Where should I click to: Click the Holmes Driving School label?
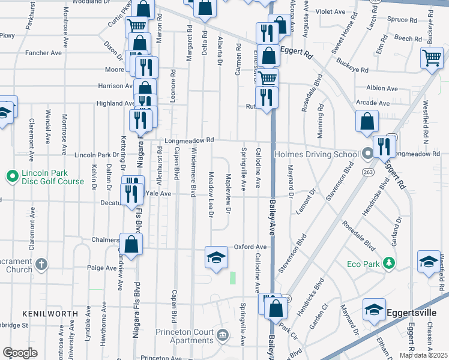pyautogui.click(x=316, y=154)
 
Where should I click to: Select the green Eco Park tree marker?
pyautogui.click(x=389, y=263)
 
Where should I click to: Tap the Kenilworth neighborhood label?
pyautogui.click(x=50, y=314)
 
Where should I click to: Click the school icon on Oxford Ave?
pyautogui.click(x=216, y=257)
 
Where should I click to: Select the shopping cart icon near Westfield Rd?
pyautogui.click(x=432, y=58)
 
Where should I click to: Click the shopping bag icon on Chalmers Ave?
pyautogui.click(x=131, y=244)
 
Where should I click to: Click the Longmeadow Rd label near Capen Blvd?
pyautogui.click(x=189, y=141)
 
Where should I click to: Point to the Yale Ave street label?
pyautogui.click(x=158, y=194)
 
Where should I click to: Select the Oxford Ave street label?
pyautogui.click(x=250, y=247)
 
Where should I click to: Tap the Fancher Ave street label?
pyautogui.click(x=44, y=53)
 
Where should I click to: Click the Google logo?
pyautogui.click(x=20, y=353)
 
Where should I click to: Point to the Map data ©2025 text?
pyautogui.click(x=424, y=355)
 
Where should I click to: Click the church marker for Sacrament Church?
pyautogui.click(x=41, y=263)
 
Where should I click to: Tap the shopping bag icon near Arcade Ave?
pyautogui.click(x=367, y=121)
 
